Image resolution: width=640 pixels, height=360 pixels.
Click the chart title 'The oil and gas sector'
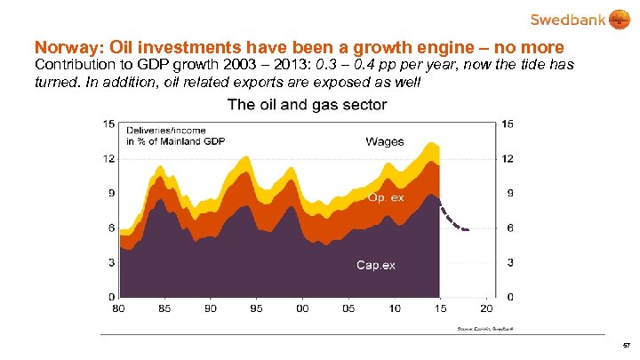point(307,105)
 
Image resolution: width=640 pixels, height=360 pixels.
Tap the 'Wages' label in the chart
point(384,141)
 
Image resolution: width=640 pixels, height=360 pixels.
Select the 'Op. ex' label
point(386,197)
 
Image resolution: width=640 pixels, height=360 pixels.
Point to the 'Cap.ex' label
point(375,264)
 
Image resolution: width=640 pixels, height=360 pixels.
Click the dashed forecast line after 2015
point(452,220)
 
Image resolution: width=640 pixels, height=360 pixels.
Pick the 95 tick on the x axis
point(257,308)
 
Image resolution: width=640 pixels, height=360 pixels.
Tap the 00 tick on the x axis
point(303,308)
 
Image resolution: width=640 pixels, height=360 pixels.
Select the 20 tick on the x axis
point(485,308)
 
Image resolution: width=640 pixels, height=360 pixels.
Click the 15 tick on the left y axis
point(108,124)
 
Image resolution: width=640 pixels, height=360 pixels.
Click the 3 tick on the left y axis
point(111,262)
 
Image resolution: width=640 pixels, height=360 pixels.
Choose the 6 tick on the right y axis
point(507,228)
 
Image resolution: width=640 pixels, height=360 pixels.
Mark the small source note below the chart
point(485,329)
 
